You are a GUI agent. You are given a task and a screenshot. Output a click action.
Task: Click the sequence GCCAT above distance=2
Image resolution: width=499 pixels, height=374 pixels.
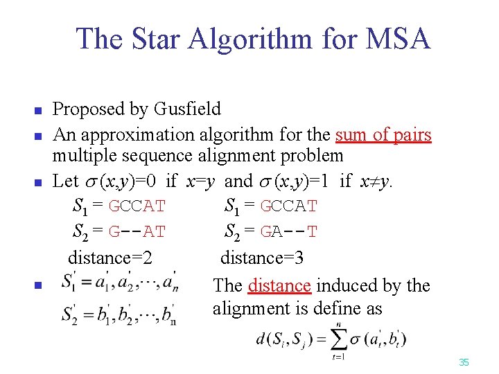[137, 206]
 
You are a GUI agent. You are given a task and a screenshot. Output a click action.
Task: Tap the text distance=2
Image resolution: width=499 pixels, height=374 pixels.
[110, 258]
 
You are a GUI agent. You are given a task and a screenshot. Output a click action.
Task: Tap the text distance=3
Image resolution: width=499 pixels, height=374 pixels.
[262, 258]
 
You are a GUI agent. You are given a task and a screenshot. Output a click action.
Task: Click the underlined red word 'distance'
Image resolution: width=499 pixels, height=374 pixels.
[279, 285]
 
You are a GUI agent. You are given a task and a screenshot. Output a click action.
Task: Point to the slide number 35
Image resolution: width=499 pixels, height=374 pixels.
[464, 362]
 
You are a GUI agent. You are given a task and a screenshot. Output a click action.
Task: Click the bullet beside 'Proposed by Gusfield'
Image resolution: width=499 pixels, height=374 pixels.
[39, 110]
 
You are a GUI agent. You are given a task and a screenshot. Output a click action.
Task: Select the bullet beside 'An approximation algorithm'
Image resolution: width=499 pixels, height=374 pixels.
[39, 134]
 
